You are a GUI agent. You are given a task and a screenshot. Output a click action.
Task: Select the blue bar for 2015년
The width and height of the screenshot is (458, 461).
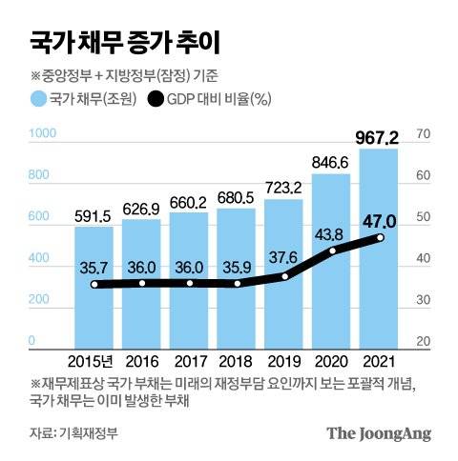point(94,305)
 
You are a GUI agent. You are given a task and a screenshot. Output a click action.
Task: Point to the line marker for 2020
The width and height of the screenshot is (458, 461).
point(333,251)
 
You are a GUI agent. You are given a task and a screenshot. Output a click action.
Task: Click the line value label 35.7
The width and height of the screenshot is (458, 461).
point(94,269)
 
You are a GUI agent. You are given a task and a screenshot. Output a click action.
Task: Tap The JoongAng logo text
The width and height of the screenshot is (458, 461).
point(380,432)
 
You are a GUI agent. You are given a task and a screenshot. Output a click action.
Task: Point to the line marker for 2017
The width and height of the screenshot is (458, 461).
point(190,283)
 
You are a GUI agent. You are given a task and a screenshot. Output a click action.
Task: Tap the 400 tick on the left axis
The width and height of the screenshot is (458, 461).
point(40,260)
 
